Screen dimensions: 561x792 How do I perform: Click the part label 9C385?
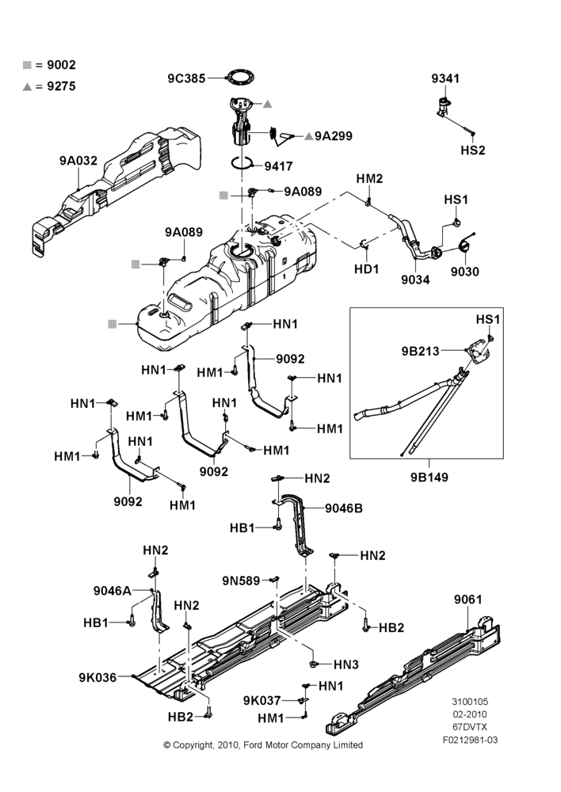tap(186, 78)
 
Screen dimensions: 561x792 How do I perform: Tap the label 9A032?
tap(78, 161)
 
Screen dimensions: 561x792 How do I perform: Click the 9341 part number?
tap(445, 78)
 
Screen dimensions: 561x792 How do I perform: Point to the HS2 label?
tap(472, 150)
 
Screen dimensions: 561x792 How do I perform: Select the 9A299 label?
tap(334, 136)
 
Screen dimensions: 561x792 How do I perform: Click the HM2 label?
tap(369, 178)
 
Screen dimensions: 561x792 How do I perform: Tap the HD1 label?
tap(366, 268)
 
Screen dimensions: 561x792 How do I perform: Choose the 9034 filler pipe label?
tap(415, 280)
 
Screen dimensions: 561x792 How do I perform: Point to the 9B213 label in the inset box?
tap(421, 351)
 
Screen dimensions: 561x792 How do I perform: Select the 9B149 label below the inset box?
tap(429, 478)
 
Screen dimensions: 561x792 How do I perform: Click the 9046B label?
tap(344, 508)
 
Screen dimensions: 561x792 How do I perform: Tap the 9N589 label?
tap(241, 581)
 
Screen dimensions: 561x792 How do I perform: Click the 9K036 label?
tap(97, 677)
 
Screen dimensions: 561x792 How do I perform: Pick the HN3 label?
tap(346, 664)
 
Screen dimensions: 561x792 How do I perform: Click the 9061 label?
tap(468, 600)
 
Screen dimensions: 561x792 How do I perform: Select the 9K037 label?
tap(261, 700)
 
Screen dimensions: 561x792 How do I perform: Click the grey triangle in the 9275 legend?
tap(27, 87)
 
